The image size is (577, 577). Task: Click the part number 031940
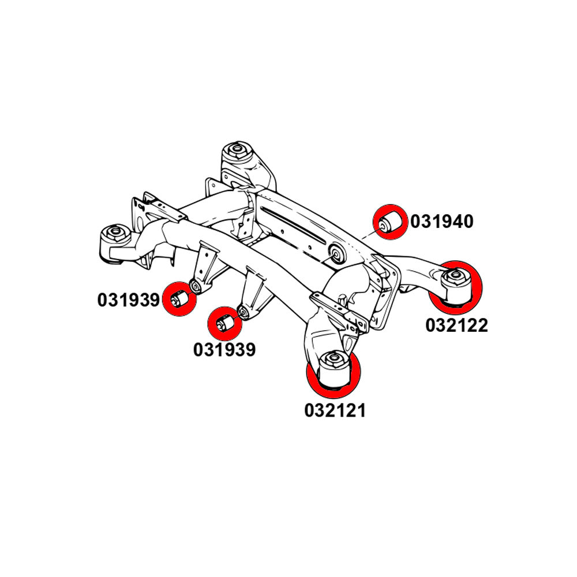click(x=441, y=221)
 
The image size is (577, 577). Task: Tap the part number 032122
click(x=456, y=325)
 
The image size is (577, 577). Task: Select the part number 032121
click(x=335, y=410)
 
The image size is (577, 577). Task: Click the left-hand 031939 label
click(x=128, y=300)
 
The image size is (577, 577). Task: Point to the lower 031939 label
click(x=224, y=350)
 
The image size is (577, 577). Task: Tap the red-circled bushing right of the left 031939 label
click(x=179, y=299)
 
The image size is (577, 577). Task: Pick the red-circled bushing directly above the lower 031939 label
click(x=224, y=324)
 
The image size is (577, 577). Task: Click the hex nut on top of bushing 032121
click(x=333, y=361)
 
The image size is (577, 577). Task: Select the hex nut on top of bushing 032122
click(x=455, y=277)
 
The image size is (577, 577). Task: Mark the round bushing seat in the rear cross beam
click(x=335, y=254)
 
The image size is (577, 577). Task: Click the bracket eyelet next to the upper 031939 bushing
click(x=196, y=286)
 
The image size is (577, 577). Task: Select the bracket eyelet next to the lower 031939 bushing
click(x=243, y=312)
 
